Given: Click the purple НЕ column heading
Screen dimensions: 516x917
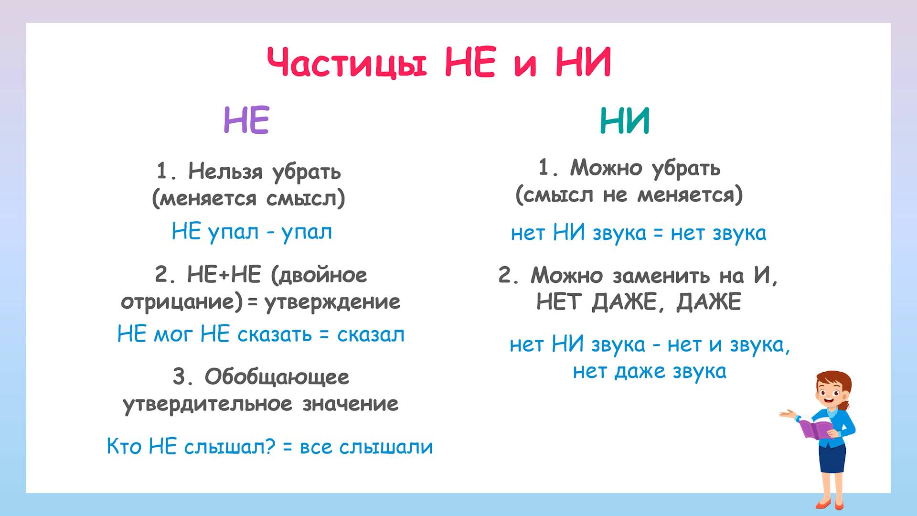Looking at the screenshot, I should (x=246, y=120).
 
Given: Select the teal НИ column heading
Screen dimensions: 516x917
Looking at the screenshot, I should (x=625, y=121).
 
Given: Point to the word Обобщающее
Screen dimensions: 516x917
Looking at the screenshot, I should (x=277, y=377).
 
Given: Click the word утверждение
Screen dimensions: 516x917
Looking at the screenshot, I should (x=332, y=302).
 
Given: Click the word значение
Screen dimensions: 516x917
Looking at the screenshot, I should (x=350, y=404).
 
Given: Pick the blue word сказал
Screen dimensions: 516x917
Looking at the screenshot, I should (x=371, y=335).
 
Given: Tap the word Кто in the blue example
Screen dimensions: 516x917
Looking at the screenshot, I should (x=124, y=447).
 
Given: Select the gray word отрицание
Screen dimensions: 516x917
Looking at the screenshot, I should (x=182, y=302).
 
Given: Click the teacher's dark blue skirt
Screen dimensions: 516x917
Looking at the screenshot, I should (x=832, y=459).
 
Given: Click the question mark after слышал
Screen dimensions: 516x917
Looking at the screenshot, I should (x=270, y=447).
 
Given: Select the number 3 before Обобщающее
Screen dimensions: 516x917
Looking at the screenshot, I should (x=181, y=377).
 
